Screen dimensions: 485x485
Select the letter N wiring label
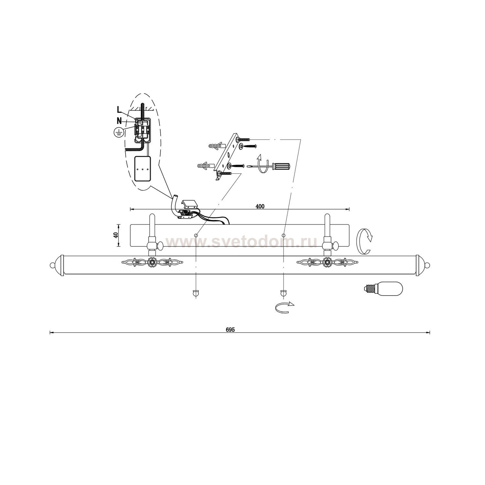120,121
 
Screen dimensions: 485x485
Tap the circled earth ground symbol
119,132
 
